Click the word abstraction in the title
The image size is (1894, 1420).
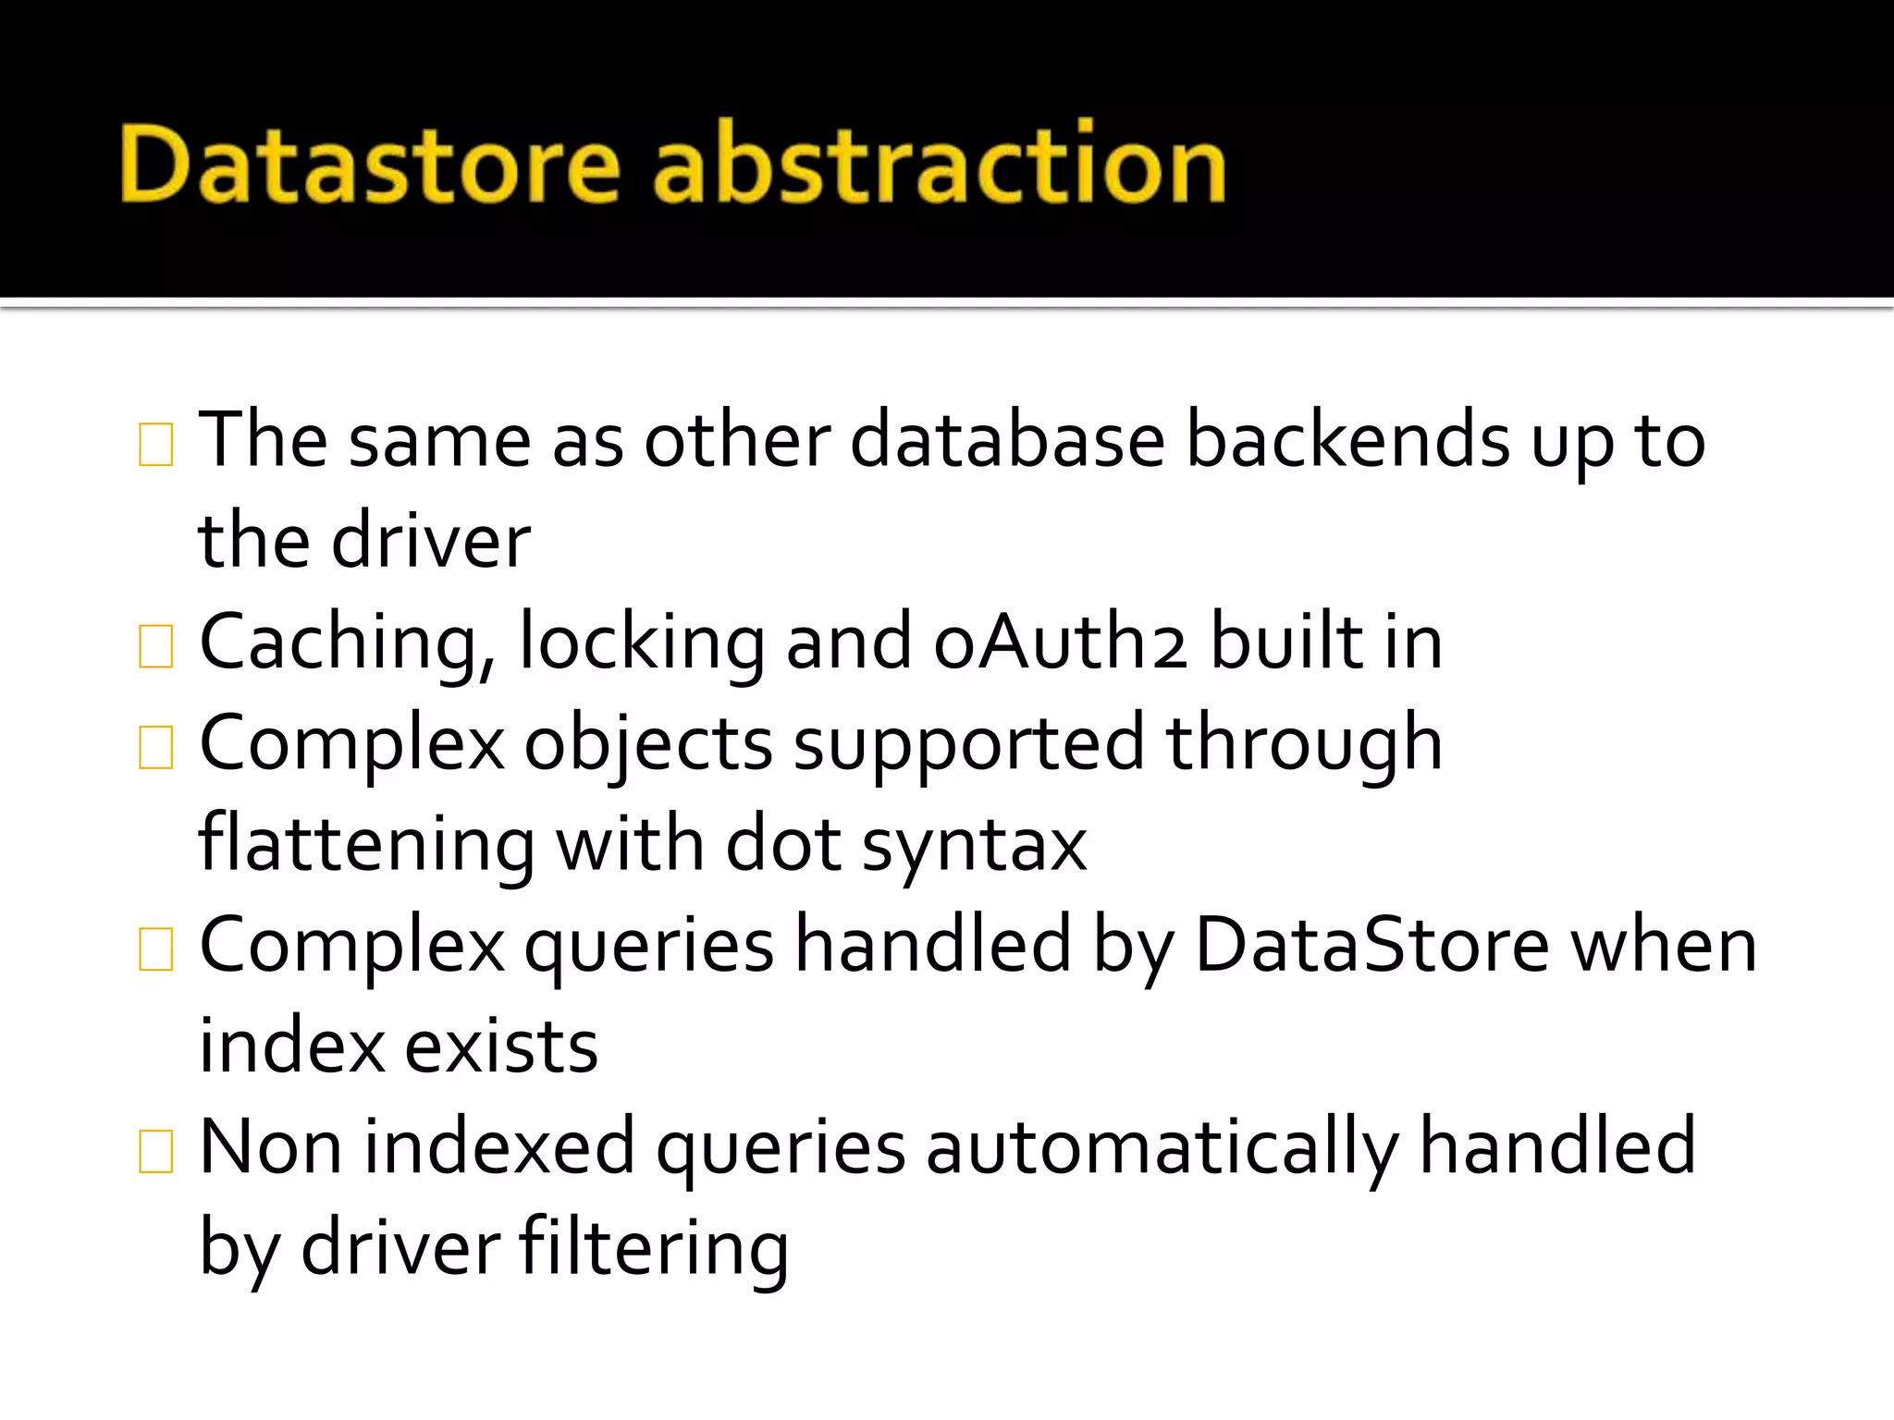pos(939,165)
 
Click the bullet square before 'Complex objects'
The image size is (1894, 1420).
pos(155,747)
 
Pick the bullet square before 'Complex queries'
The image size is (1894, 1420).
pos(155,949)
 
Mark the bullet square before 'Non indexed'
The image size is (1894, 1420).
pos(155,1151)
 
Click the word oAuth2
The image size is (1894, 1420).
pos(1060,642)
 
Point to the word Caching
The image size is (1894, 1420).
pos(348,643)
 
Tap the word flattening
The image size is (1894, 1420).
pos(366,845)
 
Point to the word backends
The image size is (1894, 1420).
pos(1347,440)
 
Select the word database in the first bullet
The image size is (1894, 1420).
pos(1006,440)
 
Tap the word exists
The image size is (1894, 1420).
pos(501,1047)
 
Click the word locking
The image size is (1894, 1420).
pos(642,643)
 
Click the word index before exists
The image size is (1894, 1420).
pos(291,1047)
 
